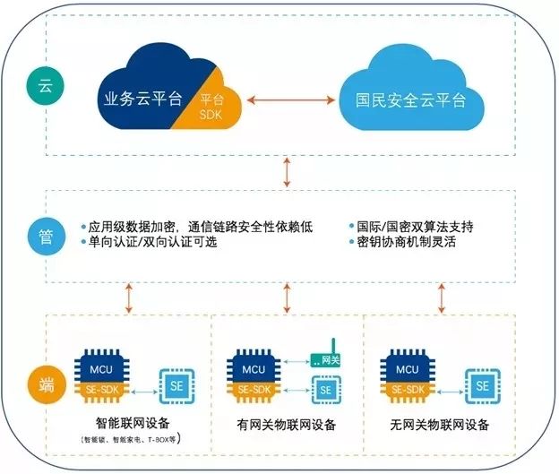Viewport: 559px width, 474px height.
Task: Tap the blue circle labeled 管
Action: coord(45,236)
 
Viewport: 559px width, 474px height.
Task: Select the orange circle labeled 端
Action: coord(45,382)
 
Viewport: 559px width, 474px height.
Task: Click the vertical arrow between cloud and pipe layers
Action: coord(287,170)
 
